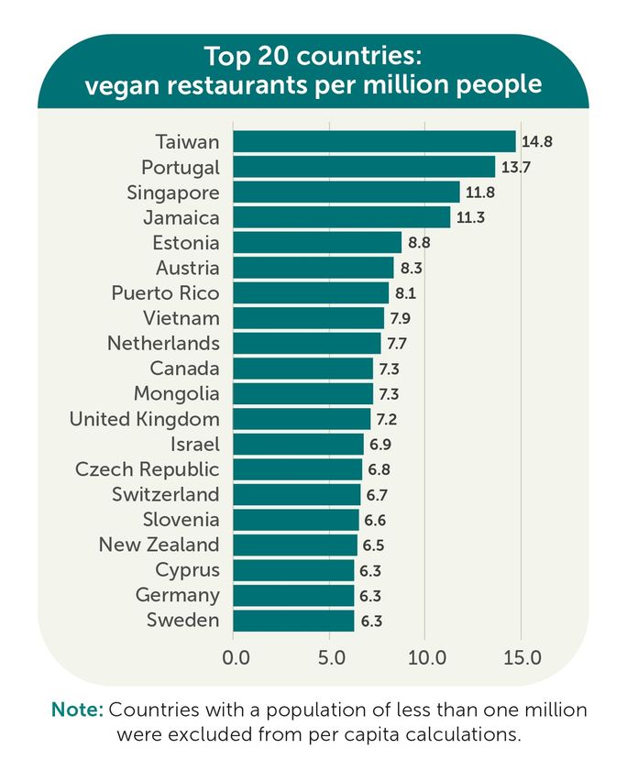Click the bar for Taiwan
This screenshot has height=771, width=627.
pyautogui.click(x=374, y=141)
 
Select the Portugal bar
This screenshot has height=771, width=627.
pyautogui.click(x=364, y=167)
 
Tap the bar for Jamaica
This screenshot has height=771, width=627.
pyautogui.click(x=341, y=217)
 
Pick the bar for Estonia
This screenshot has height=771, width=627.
pyautogui.click(x=317, y=243)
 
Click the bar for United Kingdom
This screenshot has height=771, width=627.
pyautogui.click(x=302, y=419)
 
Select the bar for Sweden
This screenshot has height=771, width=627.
pyautogui.click(x=293, y=621)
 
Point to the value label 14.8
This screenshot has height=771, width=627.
pyautogui.click(x=537, y=142)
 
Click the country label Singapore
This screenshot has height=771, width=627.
pyautogui.click(x=173, y=193)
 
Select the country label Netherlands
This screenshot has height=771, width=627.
pyautogui.click(x=163, y=344)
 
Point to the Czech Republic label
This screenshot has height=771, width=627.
pyautogui.click(x=148, y=469)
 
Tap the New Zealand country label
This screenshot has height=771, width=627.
pyautogui.click(x=159, y=545)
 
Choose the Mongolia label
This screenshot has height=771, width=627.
pyautogui.click(x=177, y=394)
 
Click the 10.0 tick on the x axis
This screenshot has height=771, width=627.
pyautogui.click(x=426, y=657)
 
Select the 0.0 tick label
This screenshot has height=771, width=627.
pyautogui.click(x=236, y=657)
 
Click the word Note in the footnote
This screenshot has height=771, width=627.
pyautogui.click(x=77, y=710)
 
